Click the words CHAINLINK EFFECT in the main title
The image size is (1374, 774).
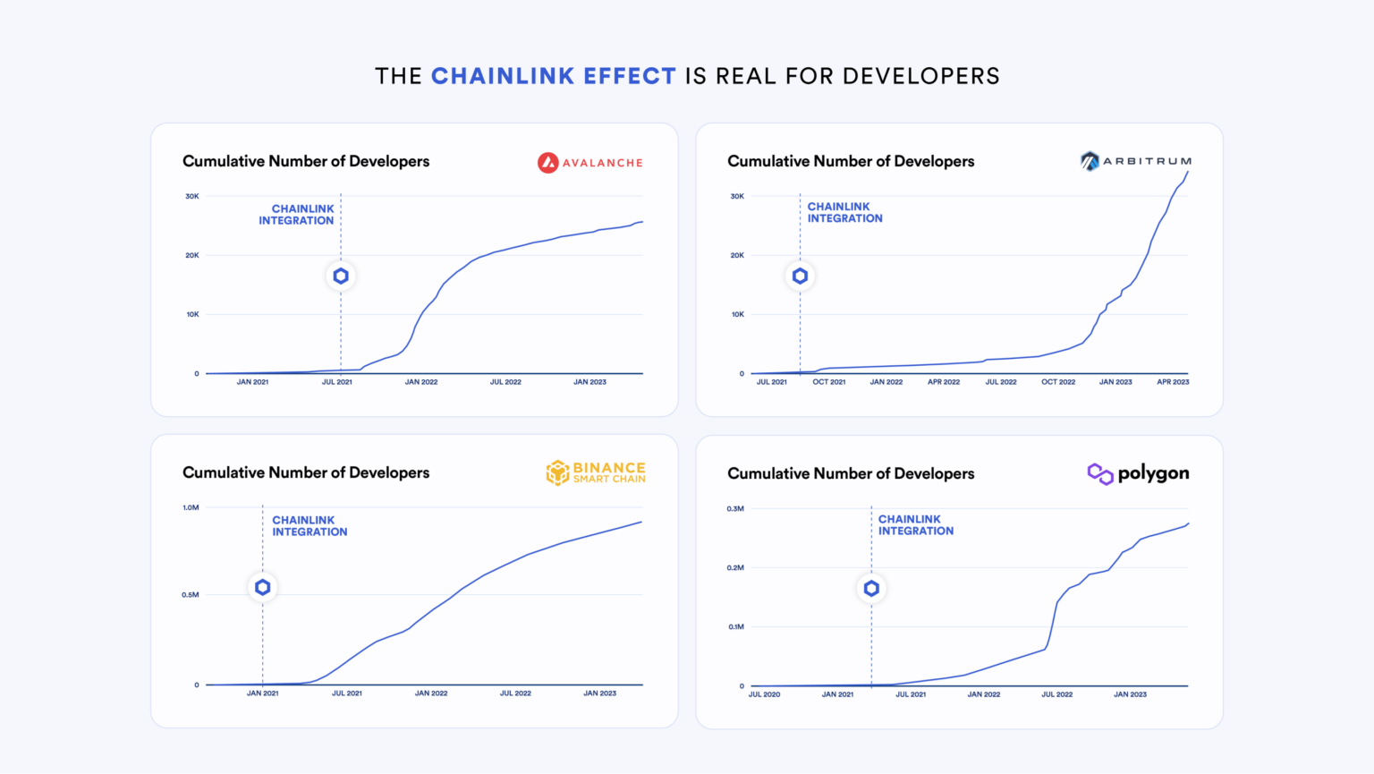pyautogui.click(x=553, y=76)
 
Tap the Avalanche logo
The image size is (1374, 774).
pyautogui.click(x=589, y=163)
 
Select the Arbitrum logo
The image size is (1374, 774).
pyautogui.click(x=1135, y=161)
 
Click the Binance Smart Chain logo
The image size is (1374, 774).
pyautogui.click(x=596, y=472)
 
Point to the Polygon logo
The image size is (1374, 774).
pyautogui.click(x=1138, y=473)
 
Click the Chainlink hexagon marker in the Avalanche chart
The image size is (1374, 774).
pyautogui.click(x=341, y=276)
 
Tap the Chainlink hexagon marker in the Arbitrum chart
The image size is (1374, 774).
pyautogui.click(x=800, y=276)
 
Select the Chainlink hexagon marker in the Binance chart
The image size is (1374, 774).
pyautogui.click(x=262, y=588)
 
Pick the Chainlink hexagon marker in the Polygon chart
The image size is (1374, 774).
pyautogui.click(x=871, y=589)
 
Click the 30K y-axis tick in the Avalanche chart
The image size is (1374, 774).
pyautogui.click(x=192, y=196)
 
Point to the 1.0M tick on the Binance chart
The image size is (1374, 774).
pyautogui.click(x=191, y=507)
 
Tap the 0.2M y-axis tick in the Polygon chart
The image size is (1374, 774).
pyautogui.click(x=735, y=567)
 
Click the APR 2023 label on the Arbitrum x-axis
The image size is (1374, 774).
pyautogui.click(x=1173, y=382)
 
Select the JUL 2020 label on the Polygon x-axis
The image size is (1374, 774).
pyautogui.click(x=764, y=694)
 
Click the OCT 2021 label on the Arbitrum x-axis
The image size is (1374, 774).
pyautogui.click(x=828, y=382)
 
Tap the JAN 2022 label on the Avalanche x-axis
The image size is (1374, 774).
pyautogui.click(x=420, y=382)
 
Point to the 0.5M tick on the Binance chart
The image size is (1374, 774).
pyautogui.click(x=191, y=595)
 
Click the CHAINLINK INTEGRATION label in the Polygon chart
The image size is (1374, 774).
pyautogui.click(x=915, y=525)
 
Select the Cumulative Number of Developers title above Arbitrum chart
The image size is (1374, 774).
pyautogui.click(x=850, y=161)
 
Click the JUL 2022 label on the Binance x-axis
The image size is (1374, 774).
pyautogui.click(x=515, y=693)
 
